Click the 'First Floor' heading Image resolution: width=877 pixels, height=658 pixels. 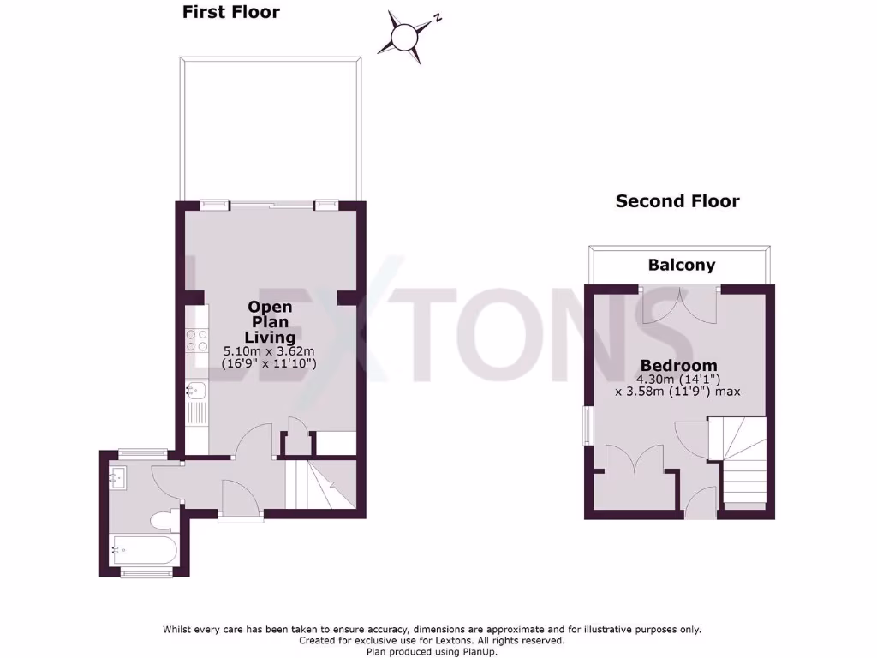pos(230,12)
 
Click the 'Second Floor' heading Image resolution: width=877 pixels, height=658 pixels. pos(677,201)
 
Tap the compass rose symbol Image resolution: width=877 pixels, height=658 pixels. pos(404,37)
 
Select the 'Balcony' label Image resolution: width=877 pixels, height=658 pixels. pos(681,265)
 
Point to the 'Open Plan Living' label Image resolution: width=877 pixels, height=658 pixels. pos(270,321)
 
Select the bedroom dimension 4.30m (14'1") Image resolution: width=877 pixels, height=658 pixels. pos(677,379)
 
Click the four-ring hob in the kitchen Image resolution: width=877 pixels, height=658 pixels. pos(197,340)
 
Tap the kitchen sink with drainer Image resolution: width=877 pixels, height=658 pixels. pos(196,404)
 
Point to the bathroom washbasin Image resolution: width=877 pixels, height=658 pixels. pos(119,476)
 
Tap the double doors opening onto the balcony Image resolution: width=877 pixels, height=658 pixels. pos(681,306)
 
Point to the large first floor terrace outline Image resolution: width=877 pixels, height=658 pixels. pos(270,129)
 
